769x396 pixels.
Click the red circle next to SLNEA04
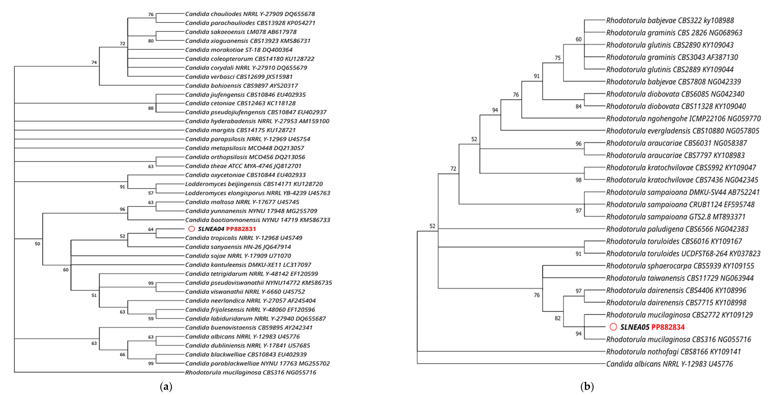(192, 229)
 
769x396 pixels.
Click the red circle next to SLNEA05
(613, 327)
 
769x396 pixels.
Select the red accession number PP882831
(241, 229)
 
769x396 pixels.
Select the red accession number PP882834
(668, 327)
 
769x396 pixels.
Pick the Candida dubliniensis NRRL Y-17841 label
(247, 345)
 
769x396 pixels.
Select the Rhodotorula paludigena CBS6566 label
(677, 229)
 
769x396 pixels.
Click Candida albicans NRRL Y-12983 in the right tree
(669, 364)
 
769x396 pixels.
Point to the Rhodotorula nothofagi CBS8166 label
(673, 352)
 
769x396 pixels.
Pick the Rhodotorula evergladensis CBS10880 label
(682, 131)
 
